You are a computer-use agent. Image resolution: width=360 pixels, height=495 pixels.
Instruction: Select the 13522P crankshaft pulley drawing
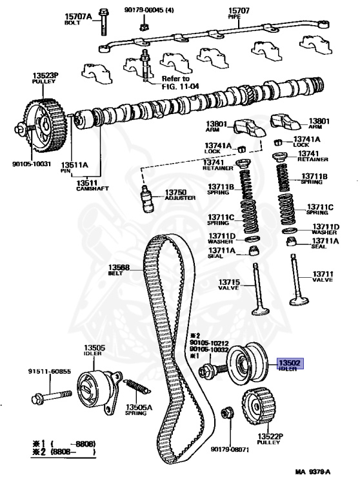pyautogui.click(x=259, y=406)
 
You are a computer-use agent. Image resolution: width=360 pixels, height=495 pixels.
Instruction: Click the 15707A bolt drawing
pyautogui.click(x=103, y=22)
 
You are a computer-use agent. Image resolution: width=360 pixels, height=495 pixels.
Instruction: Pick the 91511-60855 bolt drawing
pyautogui.click(x=52, y=396)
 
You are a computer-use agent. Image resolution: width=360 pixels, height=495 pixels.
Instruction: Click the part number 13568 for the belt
pyautogui.click(x=119, y=267)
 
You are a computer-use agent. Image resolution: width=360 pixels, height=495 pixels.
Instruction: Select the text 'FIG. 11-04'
pyautogui.click(x=181, y=86)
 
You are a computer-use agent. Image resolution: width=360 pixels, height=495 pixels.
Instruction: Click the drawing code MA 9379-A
pyautogui.click(x=313, y=472)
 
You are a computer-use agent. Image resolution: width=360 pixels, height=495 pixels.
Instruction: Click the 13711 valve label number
pyautogui.click(x=323, y=274)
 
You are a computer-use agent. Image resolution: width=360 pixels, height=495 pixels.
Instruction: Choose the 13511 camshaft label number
pyautogui.click(x=87, y=183)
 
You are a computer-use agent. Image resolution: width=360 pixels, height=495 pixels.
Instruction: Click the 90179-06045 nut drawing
pyautogui.click(x=143, y=26)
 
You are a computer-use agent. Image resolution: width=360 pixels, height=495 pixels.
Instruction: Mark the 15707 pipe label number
pyautogui.click(x=239, y=11)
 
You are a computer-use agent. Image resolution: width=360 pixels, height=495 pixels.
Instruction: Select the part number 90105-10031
pyautogui.click(x=32, y=164)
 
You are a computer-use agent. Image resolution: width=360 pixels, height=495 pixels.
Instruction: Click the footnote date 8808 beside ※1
pyautogui.click(x=85, y=444)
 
